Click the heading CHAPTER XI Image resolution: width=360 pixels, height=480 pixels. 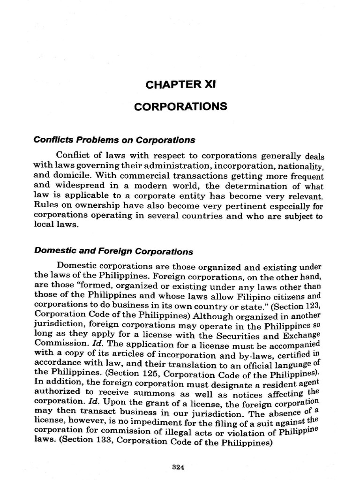(x=180, y=85)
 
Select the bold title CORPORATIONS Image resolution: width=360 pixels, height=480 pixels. (x=180, y=107)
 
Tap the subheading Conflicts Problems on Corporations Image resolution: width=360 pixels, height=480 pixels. (x=114, y=140)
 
